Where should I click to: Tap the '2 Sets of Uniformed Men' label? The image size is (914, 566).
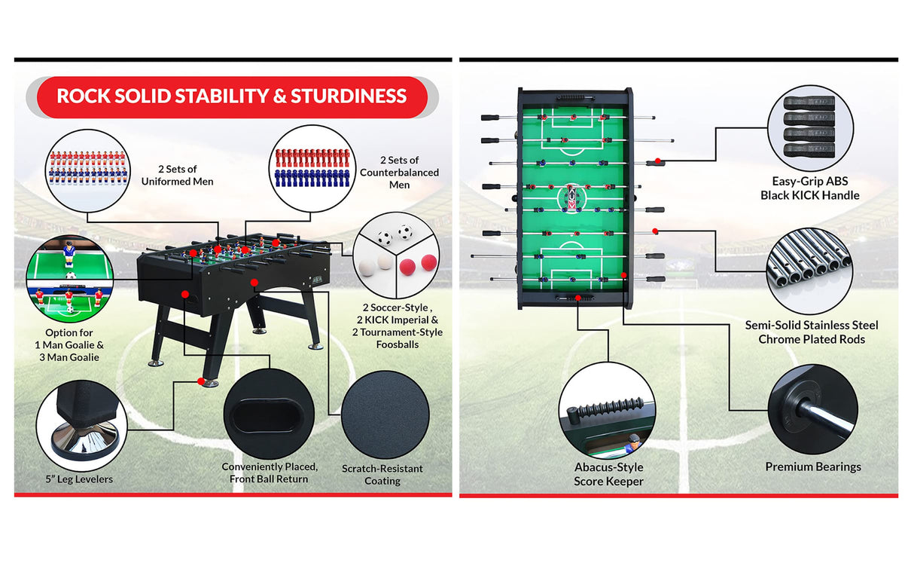(178, 175)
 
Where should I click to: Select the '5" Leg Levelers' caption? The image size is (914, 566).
(79, 479)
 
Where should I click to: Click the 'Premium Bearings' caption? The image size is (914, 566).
(813, 467)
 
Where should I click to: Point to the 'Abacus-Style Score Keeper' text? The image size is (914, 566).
(608, 474)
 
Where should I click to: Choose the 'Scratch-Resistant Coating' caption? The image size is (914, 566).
(382, 475)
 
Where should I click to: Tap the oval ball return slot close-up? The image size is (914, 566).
(269, 413)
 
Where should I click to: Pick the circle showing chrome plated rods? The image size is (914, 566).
(809, 271)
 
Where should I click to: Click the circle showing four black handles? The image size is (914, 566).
(810, 128)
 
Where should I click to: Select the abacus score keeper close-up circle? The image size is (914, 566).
(607, 410)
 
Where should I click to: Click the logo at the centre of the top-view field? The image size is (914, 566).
(571, 198)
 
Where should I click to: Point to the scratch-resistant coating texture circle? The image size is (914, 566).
(385, 415)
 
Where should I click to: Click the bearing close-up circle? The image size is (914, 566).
(813, 409)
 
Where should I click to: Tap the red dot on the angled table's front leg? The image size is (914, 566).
(201, 381)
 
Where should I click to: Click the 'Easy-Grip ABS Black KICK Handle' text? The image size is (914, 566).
(809, 188)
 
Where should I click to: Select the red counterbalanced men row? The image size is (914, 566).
(312, 158)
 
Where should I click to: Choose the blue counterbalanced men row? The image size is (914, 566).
(312, 178)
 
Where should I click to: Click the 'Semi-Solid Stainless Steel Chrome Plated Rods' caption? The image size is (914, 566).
(811, 332)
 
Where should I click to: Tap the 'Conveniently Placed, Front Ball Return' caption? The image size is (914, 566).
(270, 473)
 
